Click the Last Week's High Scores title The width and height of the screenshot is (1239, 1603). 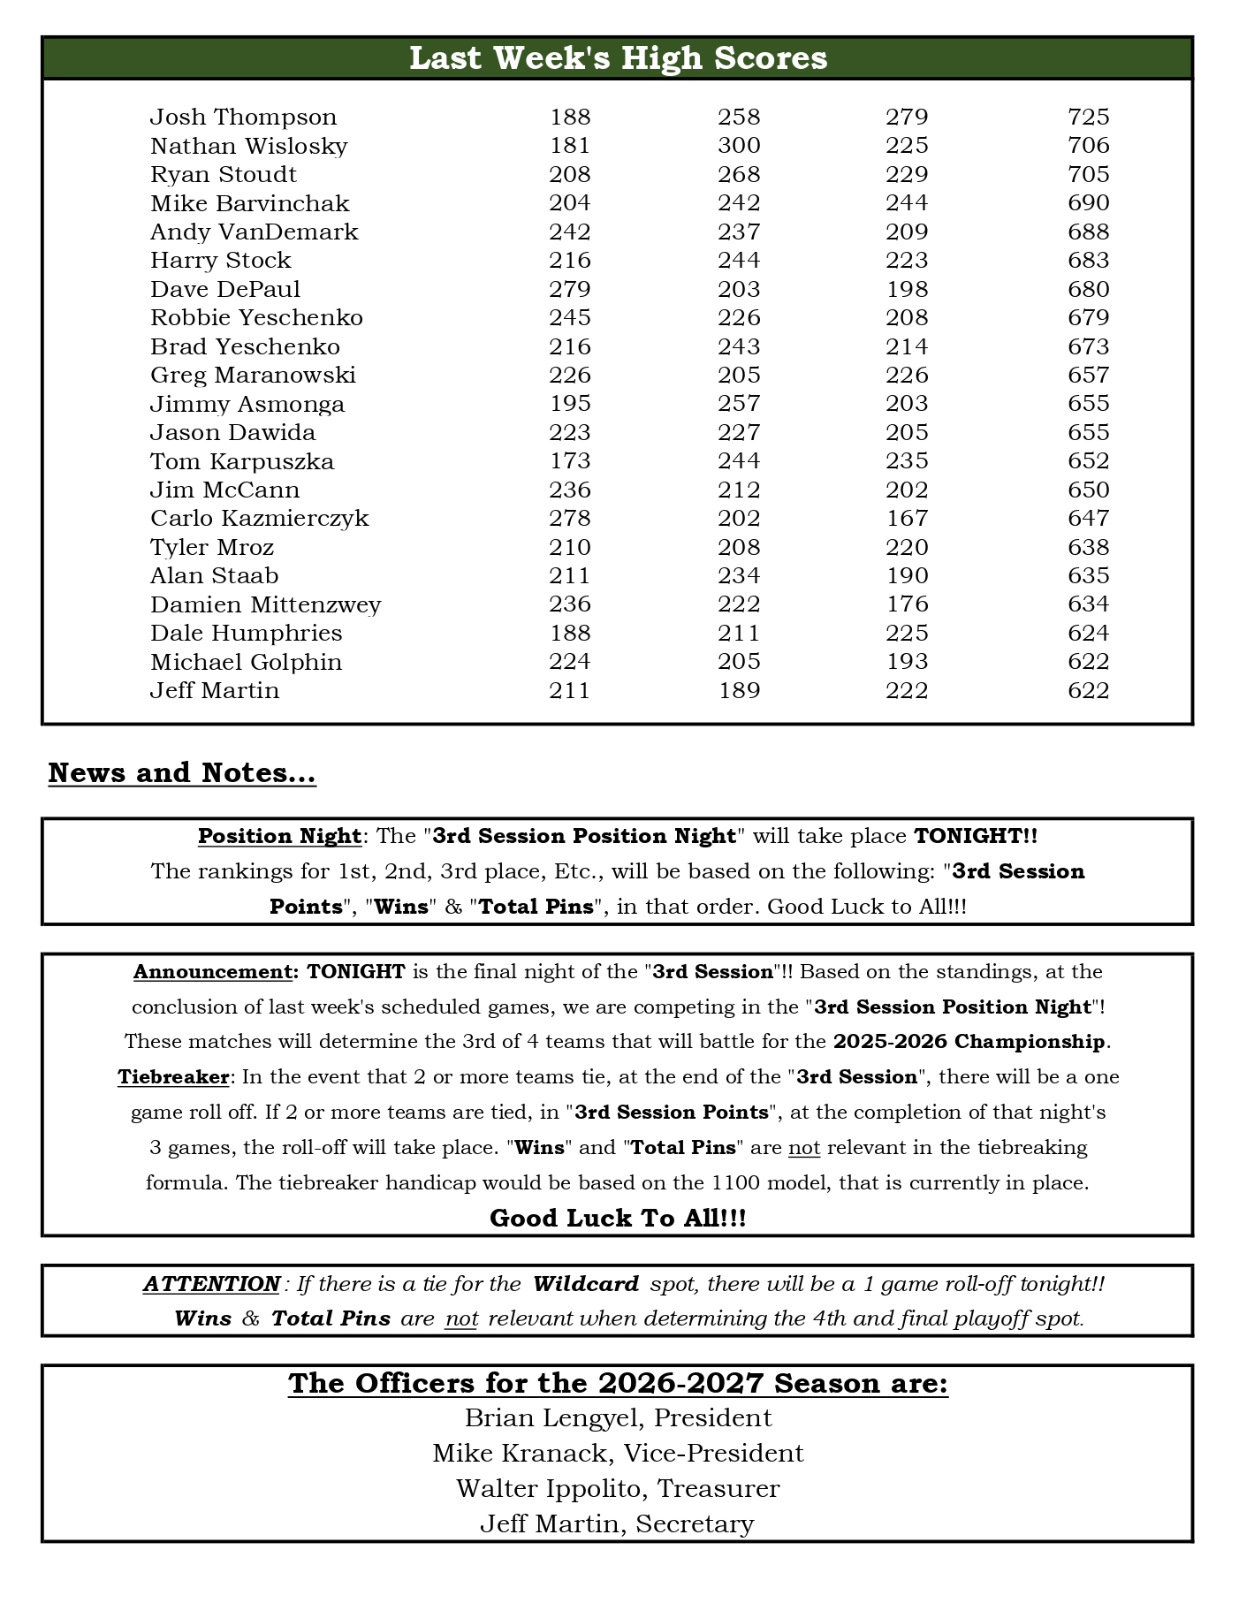(618, 58)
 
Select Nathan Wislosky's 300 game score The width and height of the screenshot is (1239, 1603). (739, 146)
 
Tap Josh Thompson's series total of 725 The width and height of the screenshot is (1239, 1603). (1088, 118)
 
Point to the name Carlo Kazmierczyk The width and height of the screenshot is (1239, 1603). (259, 519)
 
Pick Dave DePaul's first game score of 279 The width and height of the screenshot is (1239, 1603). (569, 290)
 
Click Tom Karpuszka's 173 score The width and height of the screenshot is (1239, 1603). (569, 461)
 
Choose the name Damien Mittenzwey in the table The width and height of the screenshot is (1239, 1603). (265, 604)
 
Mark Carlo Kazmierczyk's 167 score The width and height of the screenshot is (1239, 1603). (907, 519)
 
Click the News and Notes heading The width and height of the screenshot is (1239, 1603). (182, 773)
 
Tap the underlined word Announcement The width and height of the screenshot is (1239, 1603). (212, 972)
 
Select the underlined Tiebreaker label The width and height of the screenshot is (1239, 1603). (173, 1077)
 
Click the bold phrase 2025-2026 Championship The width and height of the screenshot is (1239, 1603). (969, 1042)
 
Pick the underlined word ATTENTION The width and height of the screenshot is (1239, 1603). (211, 1284)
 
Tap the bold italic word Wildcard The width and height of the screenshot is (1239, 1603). (586, 1284)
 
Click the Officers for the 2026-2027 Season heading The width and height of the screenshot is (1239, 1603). (618, 1384)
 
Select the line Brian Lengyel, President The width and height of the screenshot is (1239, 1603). (618, 1418)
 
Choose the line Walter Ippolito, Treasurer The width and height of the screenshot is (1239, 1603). (618, 1489)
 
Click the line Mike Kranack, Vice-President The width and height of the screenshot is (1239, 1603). (618, 1454)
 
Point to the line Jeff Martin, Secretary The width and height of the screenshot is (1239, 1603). (618, 1524)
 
